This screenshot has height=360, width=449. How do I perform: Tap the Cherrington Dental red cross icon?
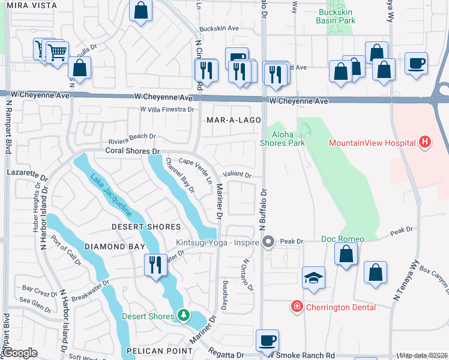coord(296,307)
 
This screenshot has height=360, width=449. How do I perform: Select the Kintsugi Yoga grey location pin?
coord(268,242)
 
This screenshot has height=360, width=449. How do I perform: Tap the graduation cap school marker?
coord(313,278)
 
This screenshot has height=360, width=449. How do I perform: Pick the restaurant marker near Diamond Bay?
coord(155,264)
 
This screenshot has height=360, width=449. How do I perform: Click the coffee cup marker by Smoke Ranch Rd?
coord(267,340)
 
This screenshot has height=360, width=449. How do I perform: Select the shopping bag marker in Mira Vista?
coord(140,10)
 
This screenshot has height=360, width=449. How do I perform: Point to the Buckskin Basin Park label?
coord(336,16)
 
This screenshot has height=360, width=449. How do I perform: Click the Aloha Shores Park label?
coord(282,139)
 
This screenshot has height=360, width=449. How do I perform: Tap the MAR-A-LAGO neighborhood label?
coord(234,120)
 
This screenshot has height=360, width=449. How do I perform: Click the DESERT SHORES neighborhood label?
coord(146,227)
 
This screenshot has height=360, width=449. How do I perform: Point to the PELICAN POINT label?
coord(149,350)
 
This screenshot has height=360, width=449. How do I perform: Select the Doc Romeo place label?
coord(343,239)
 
